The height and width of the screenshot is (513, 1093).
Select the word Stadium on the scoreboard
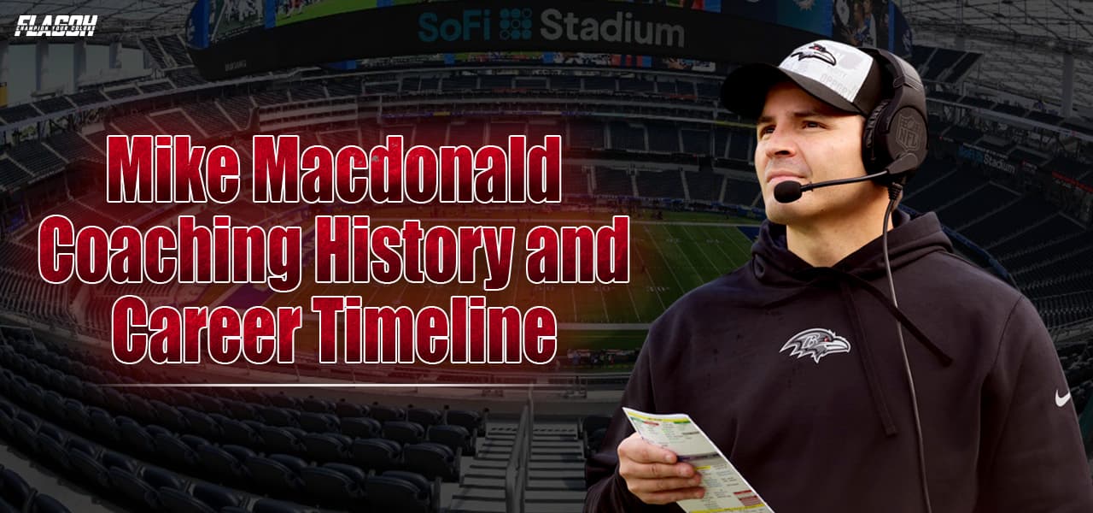pyautogui.click(x=611, y=29)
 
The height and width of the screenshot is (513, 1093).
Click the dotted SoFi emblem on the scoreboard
pyautogui.click(x=516, y=26)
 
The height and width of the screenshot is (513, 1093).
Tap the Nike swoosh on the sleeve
pyautogui.click(x=1061, y=398)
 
